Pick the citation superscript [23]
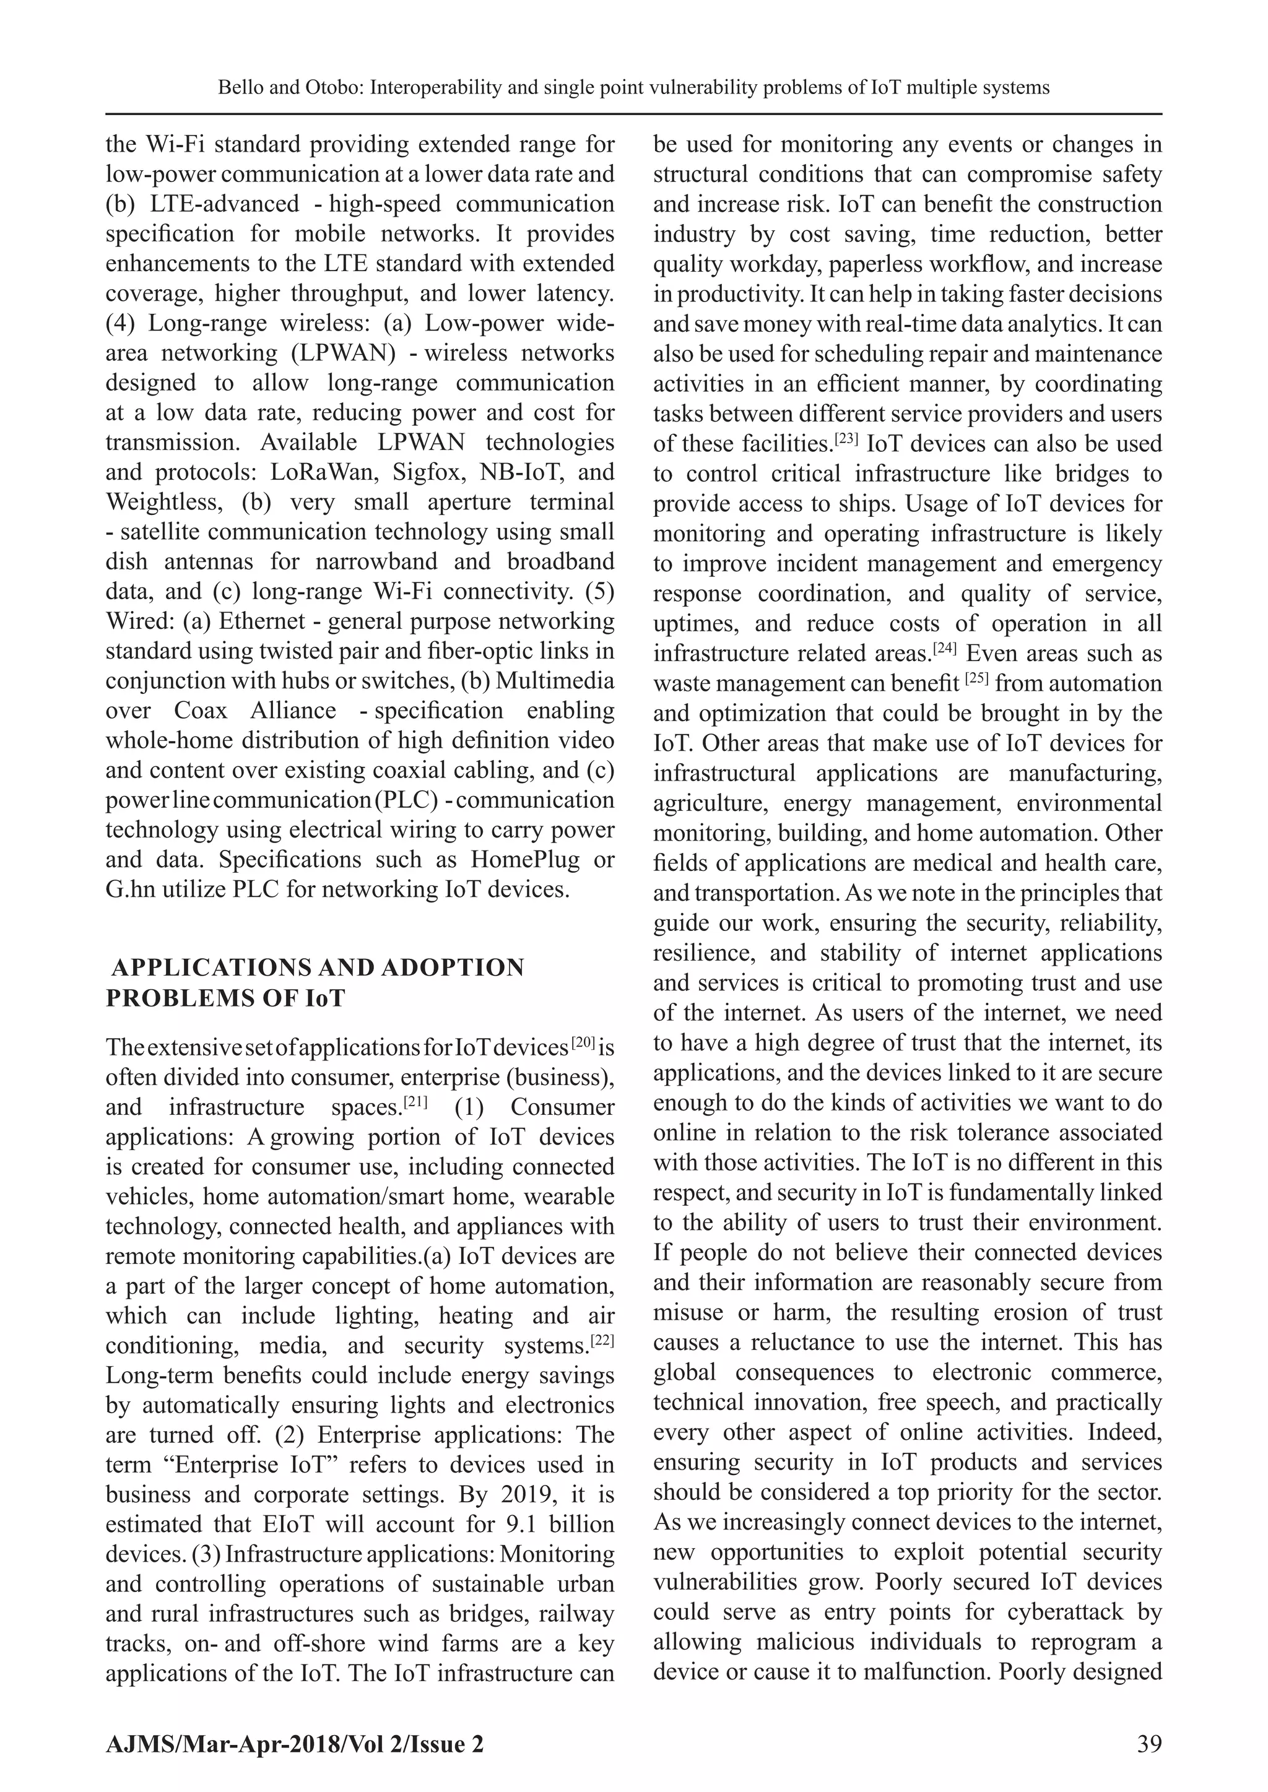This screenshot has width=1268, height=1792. tap(846, 438)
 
